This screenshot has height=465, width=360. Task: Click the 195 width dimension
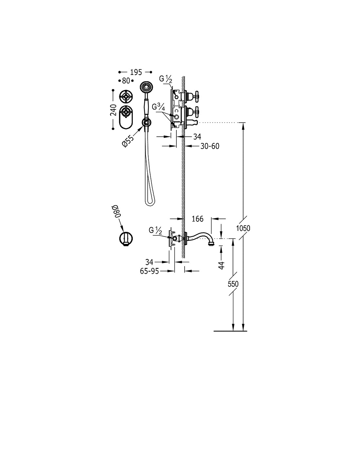(x=136, y=72)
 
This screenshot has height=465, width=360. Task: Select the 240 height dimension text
(x=113, y=110)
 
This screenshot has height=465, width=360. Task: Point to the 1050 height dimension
(x=243, y=228)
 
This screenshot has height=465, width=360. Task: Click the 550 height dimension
(x=233, y=284)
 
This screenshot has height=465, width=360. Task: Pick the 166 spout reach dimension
(x=197, y=219)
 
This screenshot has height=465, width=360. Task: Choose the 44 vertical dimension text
(x=222, y=265)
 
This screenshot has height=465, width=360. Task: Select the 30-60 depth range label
(x=210, y=146)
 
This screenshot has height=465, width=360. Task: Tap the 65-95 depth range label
(x=150, y=271)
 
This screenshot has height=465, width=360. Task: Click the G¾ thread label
(x=158, y=108)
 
